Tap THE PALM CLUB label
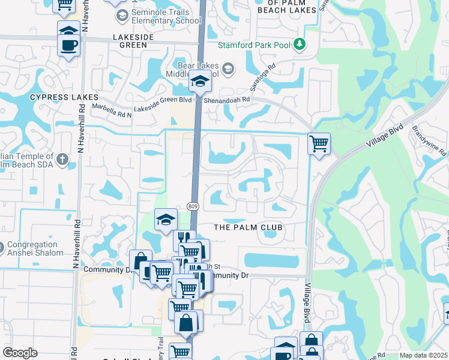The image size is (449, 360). [248, 227]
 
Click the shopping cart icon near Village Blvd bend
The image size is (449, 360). [319, 143]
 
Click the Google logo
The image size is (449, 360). [20, 353]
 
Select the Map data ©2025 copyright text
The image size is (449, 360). [423, 355]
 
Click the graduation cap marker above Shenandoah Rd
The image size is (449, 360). [199, 82]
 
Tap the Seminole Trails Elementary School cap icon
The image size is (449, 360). [122, 16]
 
